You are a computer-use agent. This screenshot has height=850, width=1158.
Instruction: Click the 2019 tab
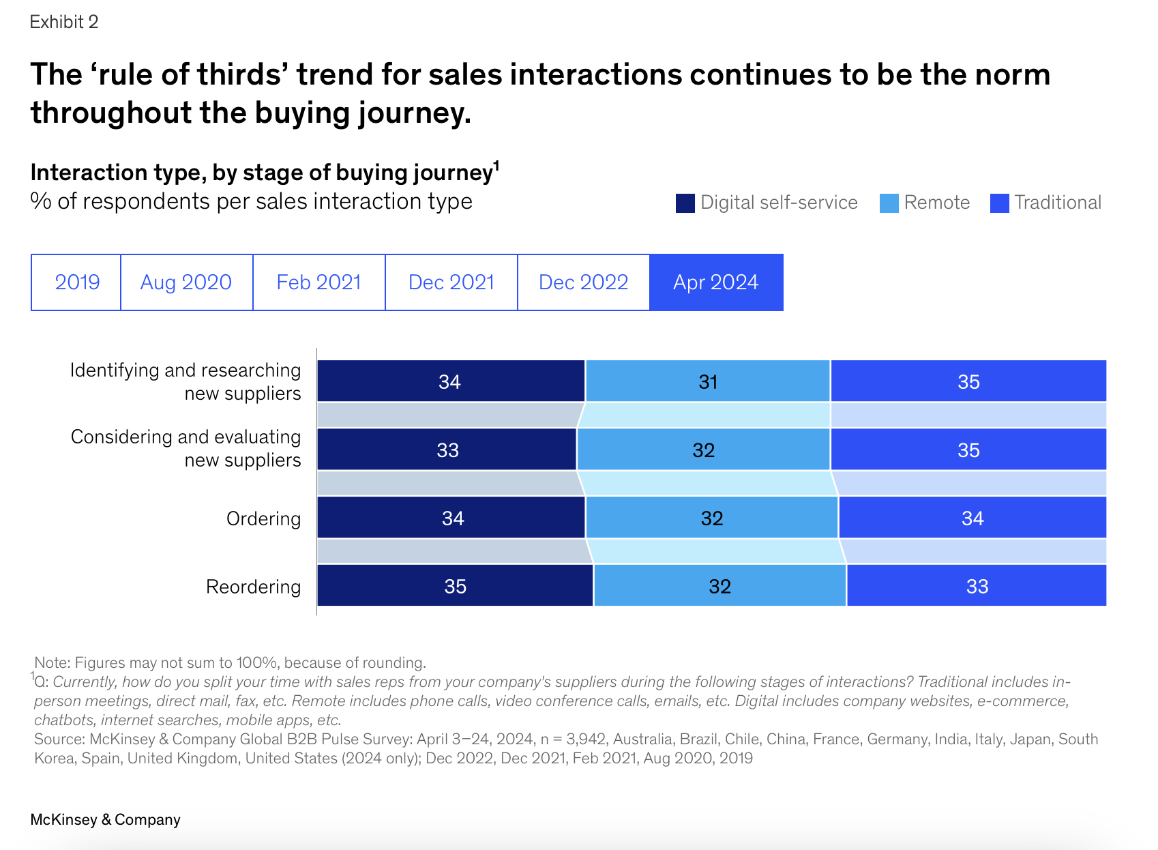(x=76, y=282)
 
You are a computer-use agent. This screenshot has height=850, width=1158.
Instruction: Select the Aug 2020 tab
(x=186, y=282)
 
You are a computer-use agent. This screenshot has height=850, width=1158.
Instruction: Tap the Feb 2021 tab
(x=318, y=282)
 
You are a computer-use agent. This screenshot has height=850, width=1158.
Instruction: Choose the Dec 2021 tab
(x=451, y=282)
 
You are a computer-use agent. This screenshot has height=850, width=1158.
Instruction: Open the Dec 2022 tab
(x=583, y=282)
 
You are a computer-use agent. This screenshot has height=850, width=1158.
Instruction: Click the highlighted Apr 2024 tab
(x=716, y=282)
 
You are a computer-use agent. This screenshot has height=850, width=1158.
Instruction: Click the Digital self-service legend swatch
(x=685, y=203)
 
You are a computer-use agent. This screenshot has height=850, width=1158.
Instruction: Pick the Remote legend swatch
(x=889, y=203)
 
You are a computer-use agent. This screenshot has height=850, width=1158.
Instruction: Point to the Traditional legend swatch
(x=999, y=203)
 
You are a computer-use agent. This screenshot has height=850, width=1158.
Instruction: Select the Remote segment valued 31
(x=708, y=381)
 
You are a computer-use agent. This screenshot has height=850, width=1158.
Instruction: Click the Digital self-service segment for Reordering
(x=455, y=586)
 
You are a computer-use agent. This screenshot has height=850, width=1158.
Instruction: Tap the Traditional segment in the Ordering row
(x=973, y=518)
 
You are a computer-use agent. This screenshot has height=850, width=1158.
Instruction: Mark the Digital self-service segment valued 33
(x=447, y=450)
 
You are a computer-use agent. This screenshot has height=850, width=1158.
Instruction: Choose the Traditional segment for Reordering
(x=977, y=586)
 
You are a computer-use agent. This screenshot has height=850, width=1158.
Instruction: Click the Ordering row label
(x=263, y=518)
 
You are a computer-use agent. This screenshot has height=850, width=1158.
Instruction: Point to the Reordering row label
(x=253, y=587)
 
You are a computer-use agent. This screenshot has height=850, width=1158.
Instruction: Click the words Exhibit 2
(x=64, y=22)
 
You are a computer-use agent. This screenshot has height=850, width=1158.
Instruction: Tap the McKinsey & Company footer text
(x=105, y=819)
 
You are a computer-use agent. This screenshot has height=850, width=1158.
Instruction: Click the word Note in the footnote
(x=52, y=662)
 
